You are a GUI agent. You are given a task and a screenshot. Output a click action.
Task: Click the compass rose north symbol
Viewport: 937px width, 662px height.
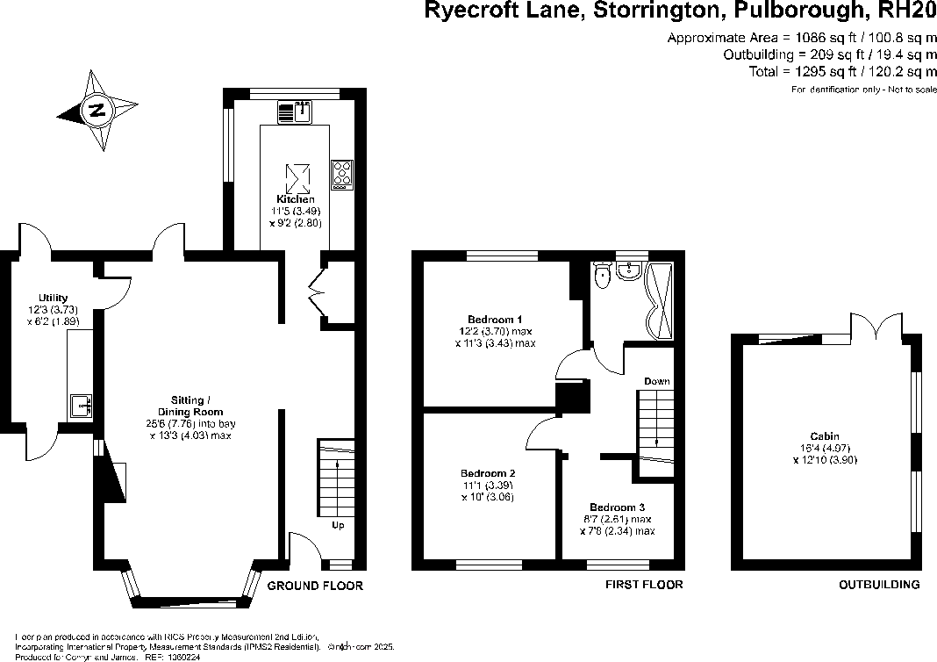click(97, 112)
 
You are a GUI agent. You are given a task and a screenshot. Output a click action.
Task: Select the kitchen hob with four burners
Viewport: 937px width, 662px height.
click(341, 174)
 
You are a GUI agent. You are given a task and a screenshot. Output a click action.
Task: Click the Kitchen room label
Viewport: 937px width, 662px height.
click(295, 199)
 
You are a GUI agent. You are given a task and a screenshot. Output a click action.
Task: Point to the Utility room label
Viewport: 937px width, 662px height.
click(53, 299)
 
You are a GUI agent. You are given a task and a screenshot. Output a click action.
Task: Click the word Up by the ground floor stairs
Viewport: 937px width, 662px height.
click(338, 526)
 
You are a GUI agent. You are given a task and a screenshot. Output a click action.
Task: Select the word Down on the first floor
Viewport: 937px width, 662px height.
click(657, 382)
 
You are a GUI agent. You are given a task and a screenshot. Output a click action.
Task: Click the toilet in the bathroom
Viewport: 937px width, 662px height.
click(602, 277)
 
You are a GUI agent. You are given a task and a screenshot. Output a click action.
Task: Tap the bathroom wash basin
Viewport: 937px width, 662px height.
click(628, 271)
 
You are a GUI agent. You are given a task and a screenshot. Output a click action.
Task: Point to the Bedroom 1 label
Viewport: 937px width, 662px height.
click(495, 319)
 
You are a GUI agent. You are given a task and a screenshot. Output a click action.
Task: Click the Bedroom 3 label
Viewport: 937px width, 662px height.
click(617, 507)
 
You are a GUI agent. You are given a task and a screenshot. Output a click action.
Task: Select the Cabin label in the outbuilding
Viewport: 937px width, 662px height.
click(825, 436)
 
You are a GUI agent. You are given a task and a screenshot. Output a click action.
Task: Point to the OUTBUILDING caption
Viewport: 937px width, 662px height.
click(879, 585)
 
